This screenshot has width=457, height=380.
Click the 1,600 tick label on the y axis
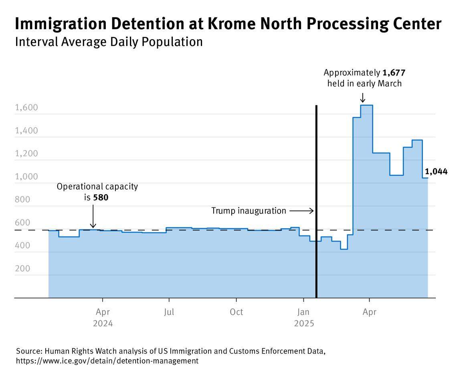[26, 108]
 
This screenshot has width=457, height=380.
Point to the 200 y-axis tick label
[22, 268]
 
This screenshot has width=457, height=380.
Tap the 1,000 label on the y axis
[26, 177]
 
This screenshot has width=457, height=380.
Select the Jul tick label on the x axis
[169, 312]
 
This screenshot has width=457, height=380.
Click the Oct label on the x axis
[236, 312]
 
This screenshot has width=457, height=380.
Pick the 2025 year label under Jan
[303, 323]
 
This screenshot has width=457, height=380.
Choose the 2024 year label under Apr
[103, 323]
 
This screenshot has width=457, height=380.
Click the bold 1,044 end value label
[436, 172]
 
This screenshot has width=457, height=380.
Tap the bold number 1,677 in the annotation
[394, 73]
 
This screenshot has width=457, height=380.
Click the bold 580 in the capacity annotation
[101, 197]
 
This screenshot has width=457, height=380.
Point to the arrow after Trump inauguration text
[301, 211]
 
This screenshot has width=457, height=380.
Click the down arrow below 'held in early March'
[362, 97]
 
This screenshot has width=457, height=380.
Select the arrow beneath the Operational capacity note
[93, 216]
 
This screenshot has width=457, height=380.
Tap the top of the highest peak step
[366, 105]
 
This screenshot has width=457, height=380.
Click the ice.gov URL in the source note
[107, 361]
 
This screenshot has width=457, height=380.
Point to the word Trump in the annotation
[222, 211]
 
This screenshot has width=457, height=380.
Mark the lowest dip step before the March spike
[344, 249]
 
